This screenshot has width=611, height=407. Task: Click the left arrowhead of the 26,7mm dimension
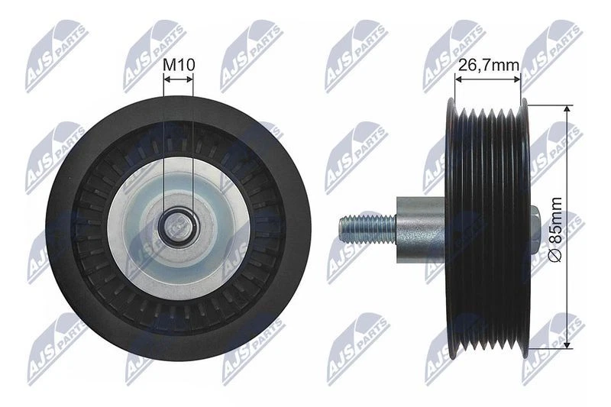click(x=457, y=79)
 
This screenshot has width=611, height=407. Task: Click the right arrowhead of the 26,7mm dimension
click(x=517, y=79)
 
